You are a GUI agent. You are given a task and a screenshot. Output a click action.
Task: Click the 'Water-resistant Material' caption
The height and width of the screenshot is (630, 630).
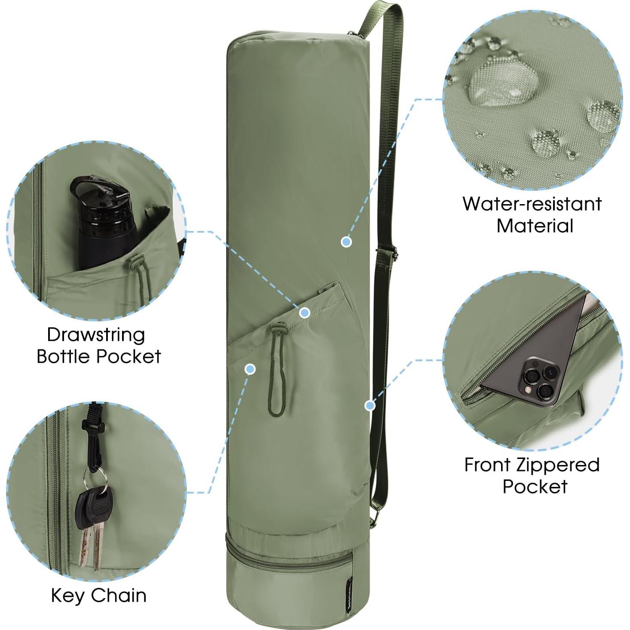coord(532,214)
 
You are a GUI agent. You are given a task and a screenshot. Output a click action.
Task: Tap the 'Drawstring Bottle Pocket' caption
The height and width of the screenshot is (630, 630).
coord(98,345)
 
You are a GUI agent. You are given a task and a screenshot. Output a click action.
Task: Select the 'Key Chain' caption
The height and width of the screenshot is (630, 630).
coord(98,595)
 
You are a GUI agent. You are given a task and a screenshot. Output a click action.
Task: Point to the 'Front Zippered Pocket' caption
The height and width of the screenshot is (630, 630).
coord(532,475)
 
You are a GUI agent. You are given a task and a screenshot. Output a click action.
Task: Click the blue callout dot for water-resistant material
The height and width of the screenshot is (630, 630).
coord(346,242)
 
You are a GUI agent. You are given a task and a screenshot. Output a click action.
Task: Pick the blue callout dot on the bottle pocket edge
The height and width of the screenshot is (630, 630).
coord(305,313)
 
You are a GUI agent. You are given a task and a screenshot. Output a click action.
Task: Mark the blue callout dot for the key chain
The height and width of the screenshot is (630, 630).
coord(250,369)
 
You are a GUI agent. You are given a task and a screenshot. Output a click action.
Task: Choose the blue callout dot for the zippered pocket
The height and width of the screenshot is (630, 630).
coord(370,405)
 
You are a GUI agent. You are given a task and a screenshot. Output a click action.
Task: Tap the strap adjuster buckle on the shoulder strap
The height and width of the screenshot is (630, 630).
coord(386,254)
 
